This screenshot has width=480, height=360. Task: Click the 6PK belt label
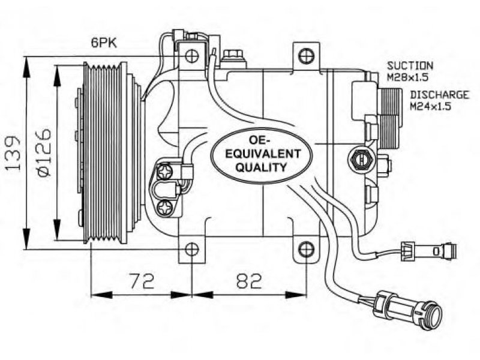tap(104, 43)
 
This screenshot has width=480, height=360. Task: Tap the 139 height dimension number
tap(13, 153)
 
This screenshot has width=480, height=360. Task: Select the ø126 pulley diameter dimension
tap(43, 153)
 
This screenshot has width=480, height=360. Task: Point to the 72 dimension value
tap(142, 281)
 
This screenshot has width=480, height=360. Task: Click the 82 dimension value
tap(250, 281)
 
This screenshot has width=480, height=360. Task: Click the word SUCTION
tap(410, 65)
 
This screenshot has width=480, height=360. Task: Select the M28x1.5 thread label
tap(407, 77)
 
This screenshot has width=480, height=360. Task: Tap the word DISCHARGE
tap(439, 95)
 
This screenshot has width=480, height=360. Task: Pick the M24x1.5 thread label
tap(431, 107)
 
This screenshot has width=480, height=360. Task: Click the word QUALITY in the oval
tap(262, 167)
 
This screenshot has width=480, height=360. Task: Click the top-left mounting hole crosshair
tap(192, 56)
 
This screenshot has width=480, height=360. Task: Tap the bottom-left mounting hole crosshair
tap(192, 250)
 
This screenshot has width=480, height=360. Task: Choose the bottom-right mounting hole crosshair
tap(307, 250)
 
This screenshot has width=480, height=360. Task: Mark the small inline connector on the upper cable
tap(429, 251)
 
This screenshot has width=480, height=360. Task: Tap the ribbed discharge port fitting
tap(390, 117)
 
